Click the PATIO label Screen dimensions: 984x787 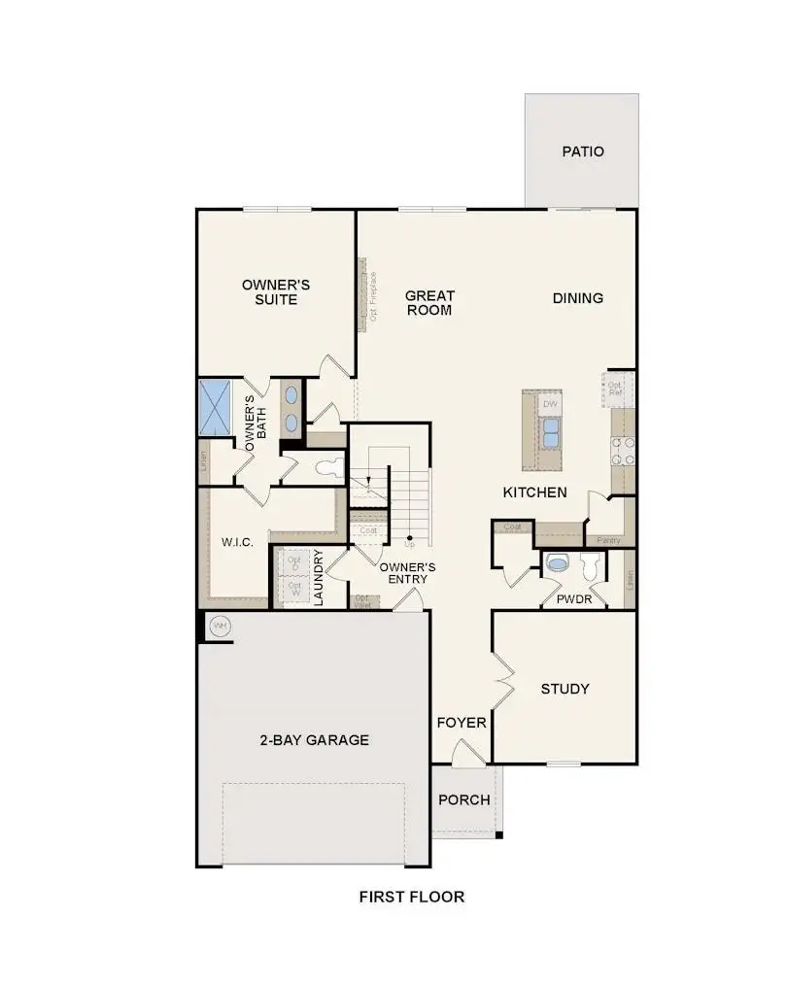pos(582,152)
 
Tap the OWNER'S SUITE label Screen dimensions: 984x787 pos(276,292)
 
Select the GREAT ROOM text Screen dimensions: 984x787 pos(429,303)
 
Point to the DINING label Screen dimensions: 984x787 pos(578,298)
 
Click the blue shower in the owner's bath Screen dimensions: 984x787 pos(213,407)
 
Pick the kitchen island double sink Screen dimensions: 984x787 pos(551,432)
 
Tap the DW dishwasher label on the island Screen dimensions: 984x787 pos(550,404)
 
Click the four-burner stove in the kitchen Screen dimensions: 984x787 pos(622,449)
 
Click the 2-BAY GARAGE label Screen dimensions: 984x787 pos(314,740)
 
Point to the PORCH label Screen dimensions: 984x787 pos(464,800)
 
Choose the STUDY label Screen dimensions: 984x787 pos(565,689)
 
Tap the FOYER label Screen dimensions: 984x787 pos(462,723)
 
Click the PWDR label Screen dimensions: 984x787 pos(573,600)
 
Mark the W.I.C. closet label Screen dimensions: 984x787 pos(238,542)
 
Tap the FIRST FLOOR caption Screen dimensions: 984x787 pos(412,897)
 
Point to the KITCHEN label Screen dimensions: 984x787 pos(534,492)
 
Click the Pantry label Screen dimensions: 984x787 pos(608,540)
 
